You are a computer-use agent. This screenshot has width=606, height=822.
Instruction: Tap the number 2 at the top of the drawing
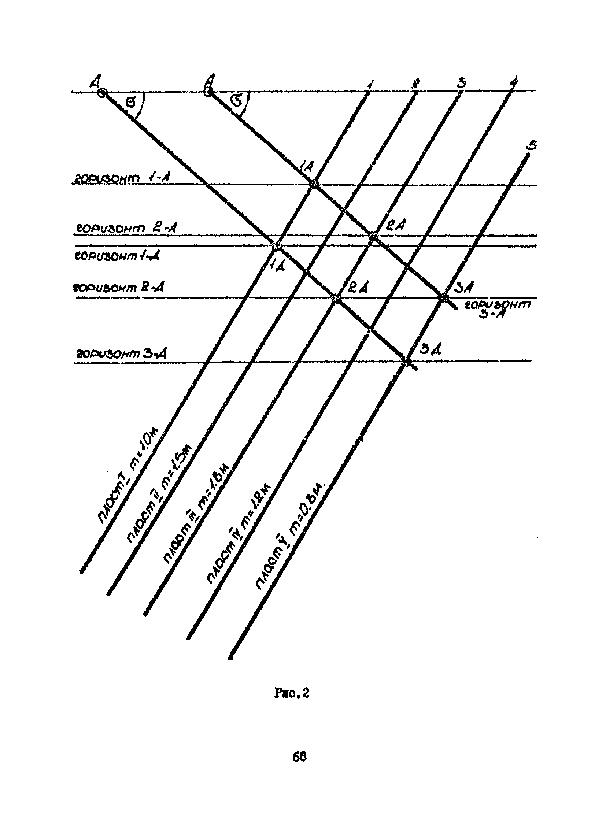(415, 84)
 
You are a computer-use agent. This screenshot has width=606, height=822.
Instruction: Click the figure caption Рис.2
(292, 694)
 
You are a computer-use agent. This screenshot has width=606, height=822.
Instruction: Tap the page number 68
(299, 757)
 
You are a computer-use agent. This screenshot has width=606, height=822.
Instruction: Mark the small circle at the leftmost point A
(102, 93)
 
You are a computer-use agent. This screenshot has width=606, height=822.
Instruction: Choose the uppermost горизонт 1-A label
(121, 178)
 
